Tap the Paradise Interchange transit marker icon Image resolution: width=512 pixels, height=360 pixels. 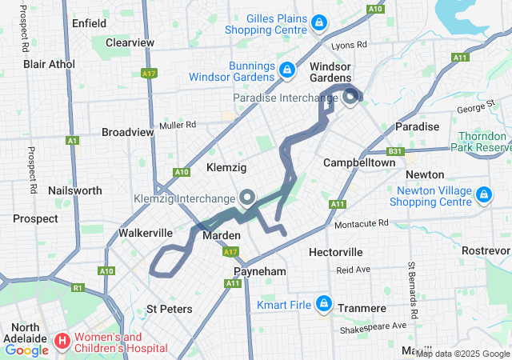pos(350,98)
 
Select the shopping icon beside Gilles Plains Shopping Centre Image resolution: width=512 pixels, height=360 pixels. pos(319,22)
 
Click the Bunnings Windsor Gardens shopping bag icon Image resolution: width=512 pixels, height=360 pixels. pos(286,70)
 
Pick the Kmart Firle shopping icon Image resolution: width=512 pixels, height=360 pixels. pos(324,303)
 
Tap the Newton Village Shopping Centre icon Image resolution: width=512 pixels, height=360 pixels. pos(483,194)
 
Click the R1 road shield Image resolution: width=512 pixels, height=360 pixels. pos(78,287)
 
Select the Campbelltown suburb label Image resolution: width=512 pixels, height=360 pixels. pos(359,162)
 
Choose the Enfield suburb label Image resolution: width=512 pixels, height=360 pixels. pos(89,23)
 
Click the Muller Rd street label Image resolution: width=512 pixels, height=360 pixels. pos(178,125)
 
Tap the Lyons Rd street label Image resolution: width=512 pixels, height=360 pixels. pos(349,46)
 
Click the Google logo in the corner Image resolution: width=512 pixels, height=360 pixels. pos(27,350)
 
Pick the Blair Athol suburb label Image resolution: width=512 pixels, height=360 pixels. pos(49,64)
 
